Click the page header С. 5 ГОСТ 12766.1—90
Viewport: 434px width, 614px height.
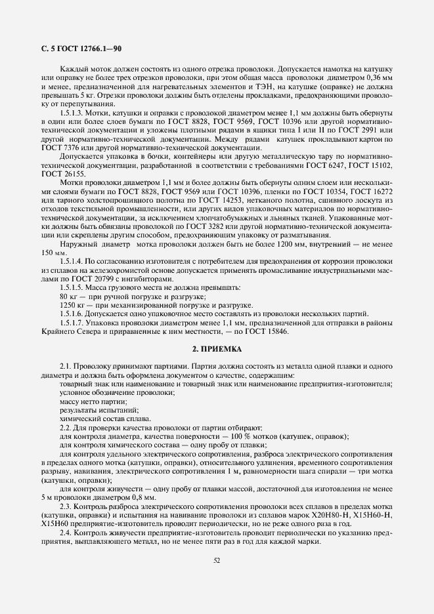click(x=76, y=49)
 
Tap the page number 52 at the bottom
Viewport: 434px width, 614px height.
click(x=217, y=560)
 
